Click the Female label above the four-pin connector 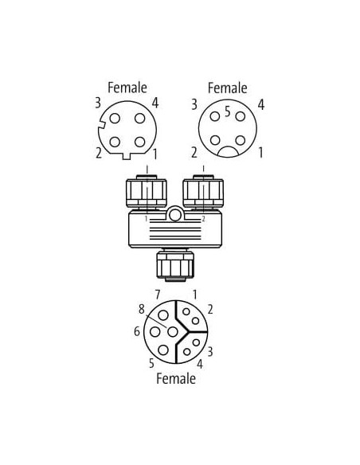point(127,88)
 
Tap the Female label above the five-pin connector point(228,88)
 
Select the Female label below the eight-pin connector point(176,378)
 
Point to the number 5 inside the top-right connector point(228,111)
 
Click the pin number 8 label point(142,309)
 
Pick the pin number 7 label point(158,295)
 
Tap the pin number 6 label point(137,331)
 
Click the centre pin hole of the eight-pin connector point(173,331)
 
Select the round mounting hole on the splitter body point(175,215)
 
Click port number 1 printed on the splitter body point(146,219)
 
